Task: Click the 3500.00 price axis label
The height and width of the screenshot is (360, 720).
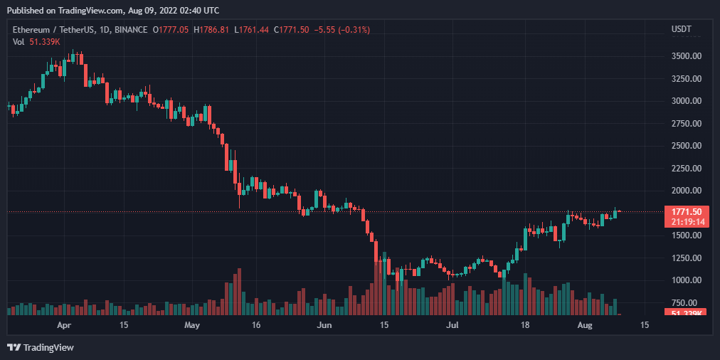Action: click(687, 56)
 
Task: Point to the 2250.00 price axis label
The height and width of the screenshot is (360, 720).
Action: click(687, 169)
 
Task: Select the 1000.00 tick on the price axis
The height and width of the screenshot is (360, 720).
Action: click(687, 280)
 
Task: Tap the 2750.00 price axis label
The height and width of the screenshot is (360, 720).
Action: click(687, 124)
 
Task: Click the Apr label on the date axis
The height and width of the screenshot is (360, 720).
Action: click(64, 325)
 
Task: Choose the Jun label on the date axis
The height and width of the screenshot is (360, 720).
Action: click(324, 325)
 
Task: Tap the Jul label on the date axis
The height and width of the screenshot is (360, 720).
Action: click(452, 325)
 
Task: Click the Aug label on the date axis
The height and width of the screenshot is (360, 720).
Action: click(584, 325)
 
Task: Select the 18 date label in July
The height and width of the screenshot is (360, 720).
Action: click(525, 325)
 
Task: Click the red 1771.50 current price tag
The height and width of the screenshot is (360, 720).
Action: click(687, 211)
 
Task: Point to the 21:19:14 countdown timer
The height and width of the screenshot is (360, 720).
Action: click(687, 221)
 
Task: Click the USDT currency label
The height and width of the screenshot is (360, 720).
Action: click(682, 29)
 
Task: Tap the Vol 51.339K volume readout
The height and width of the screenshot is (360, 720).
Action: click(36, 42)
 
